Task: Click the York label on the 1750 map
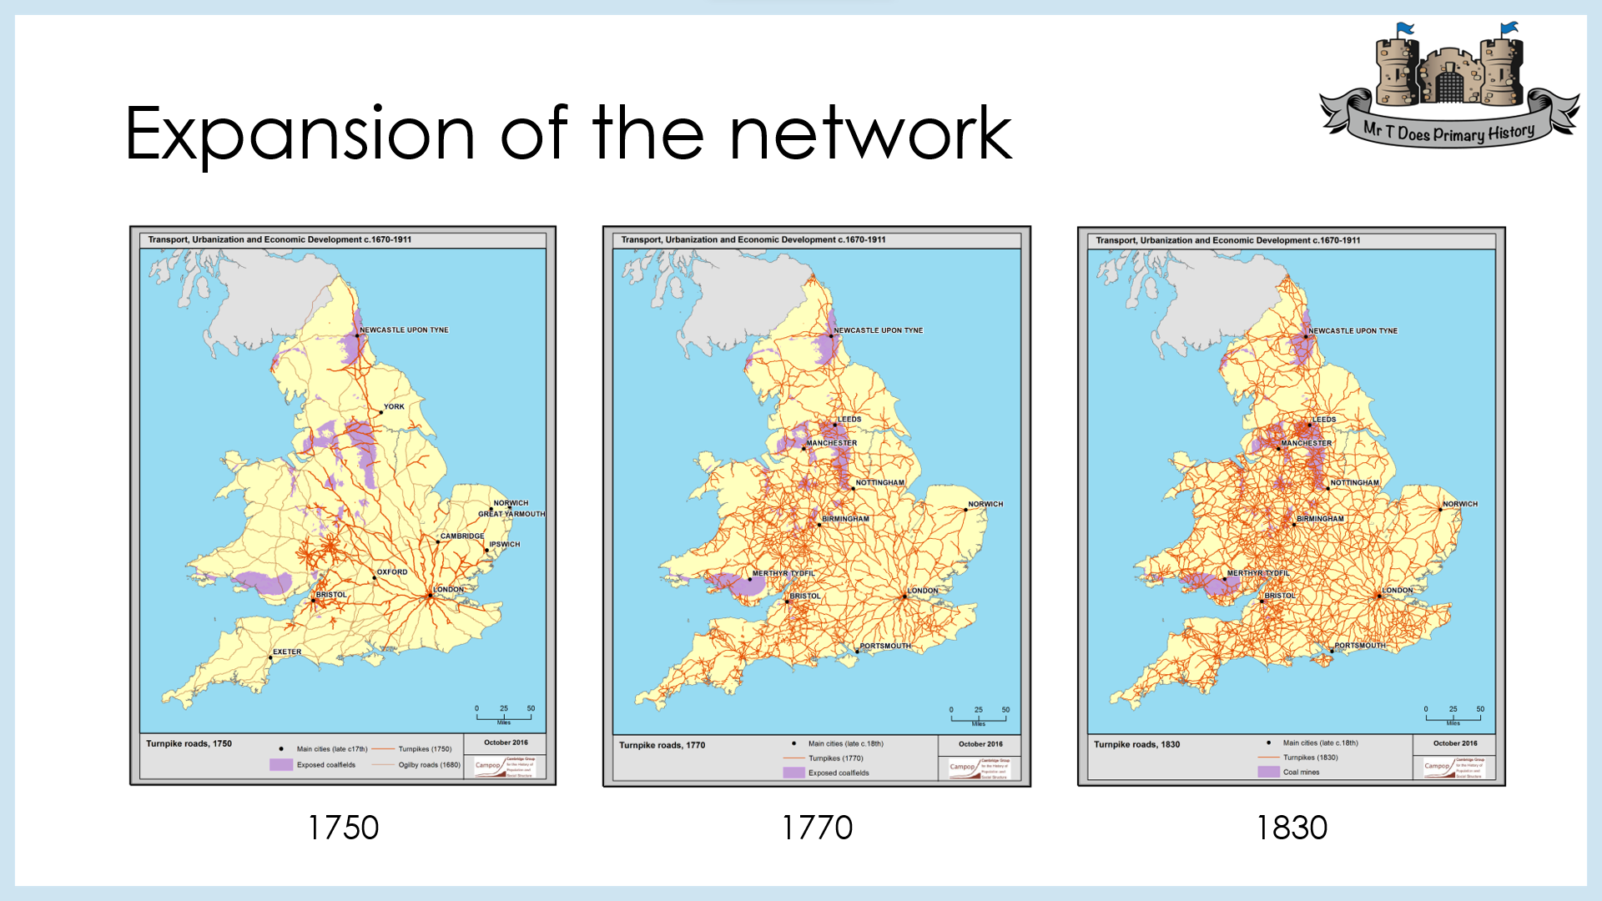pyautogui.click(x=394, y=407)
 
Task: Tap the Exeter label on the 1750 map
pyautogui.click(x=287, y=652)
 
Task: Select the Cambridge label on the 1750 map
pyautogui.click(x=462, y=536)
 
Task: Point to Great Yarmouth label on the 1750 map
pyautogui.click(x=511, y=514)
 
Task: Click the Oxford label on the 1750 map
pyautogui.click(x=392, y=572)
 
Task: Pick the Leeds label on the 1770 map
pyautogui.click(x=849, y=420)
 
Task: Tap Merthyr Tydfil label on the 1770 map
pyautogui.click(x=783, y=574)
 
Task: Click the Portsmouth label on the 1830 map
pyautogui.click(x=1360, y=646)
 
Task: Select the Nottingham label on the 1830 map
pyautogui.click(x=1355, y=483)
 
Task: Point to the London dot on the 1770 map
pyautogui.click(x=904, y=596)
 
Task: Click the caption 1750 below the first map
pyautogui.click(x=343, y=828)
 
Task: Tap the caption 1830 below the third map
pyautogui.click(x=1292, y=828)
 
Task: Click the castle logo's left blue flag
pyautogui.click(x=1405, y=29)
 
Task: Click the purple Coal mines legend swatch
pyautogui.click(x=1268, y=772)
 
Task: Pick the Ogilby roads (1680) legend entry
pyautogui.click(x=429, y=764)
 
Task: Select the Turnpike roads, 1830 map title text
pyautogui.click(x=1136, y=744)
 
